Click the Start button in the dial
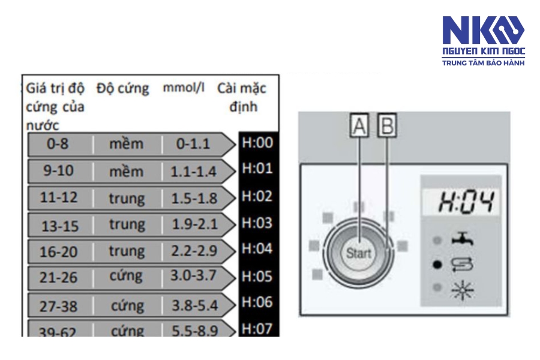click(x=359, y=254)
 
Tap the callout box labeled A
click(x=359, y=125)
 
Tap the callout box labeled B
click(x=387, y=125)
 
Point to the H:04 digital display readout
click(x=466, y=202)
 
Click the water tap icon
click(x=463, y=238)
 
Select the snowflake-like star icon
click(x=463, y=289)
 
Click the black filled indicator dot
click(x=437, y=265)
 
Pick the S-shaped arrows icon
click(x=462, y=264)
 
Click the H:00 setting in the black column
click(x=257, y=142)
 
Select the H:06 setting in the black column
click(x=257, y=302)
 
